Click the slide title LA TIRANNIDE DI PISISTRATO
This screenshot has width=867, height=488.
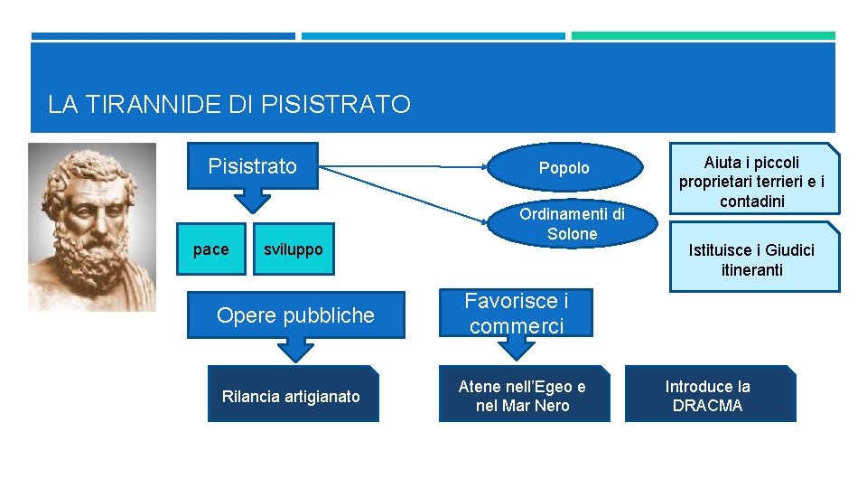[228, 105]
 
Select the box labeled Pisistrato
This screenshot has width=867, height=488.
[253, 166]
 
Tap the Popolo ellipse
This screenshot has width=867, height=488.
[564, 168]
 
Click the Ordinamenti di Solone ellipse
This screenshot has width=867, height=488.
[572, 224]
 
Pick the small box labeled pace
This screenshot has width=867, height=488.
[211, 249]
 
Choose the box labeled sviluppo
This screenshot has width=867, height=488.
[293, 249]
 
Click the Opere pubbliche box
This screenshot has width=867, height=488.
[295, 315]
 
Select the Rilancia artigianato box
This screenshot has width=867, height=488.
[291, 396]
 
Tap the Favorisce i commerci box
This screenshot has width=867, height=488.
[517, 314]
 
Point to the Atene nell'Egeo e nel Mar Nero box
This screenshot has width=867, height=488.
[522, 396]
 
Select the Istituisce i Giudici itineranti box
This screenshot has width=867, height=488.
[751, 259]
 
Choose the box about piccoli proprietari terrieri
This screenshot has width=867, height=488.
[751, 182]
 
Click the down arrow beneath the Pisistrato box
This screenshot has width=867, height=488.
[253, 202]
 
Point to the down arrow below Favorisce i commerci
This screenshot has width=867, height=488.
[517, 347]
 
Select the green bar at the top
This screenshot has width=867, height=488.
[703, 36]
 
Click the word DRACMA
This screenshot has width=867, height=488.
[707, 406]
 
